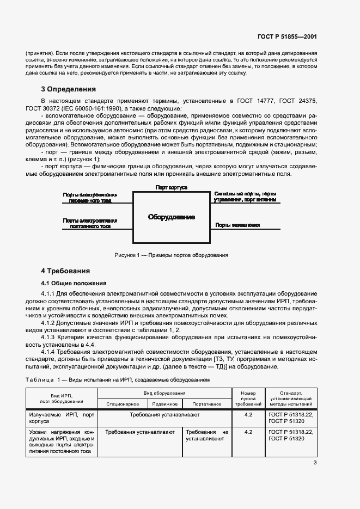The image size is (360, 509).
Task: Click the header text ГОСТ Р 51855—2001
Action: click(x=287, y=37)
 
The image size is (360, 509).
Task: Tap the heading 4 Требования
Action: click(x=65, y=271)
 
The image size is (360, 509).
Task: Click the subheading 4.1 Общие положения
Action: click(x=74, y=283)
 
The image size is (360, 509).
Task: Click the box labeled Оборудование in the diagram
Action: click(x=172, y=217)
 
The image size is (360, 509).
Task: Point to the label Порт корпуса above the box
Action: click(x=172, y=187)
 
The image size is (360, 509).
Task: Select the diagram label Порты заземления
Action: click(x=237, y=225)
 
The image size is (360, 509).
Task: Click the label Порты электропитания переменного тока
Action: click(x=90, y=197)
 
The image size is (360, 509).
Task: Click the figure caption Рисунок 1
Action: click(x=171, y=255)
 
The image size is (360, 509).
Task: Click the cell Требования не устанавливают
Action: click(x=206, y=434)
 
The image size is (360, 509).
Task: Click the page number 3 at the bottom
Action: click(x=315, y=463)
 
